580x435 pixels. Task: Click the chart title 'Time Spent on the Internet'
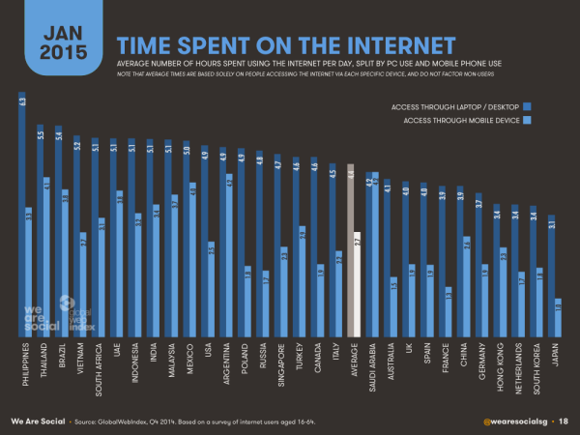286,44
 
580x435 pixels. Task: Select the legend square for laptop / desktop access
527,104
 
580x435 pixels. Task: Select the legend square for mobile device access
527,120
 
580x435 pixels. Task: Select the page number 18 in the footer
564,421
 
